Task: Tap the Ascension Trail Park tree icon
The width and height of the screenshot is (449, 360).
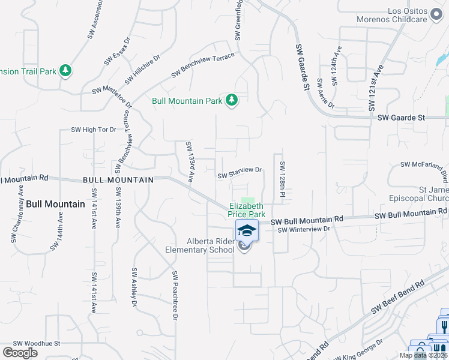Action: pos(65,71)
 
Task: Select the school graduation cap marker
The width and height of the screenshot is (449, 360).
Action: pos(247,230)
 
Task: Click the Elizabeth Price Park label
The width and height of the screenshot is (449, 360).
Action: pos(247,209)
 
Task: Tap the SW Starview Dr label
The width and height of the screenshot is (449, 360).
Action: pos(240,173)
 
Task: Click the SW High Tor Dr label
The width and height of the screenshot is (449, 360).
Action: pos(93,130)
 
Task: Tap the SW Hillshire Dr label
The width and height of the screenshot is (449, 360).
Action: pos(142,70)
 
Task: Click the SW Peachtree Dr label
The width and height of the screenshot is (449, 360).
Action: pos(175,295)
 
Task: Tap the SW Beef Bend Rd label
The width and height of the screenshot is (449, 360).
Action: pos(397,298)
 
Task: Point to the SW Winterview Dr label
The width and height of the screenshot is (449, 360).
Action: pos(304,229)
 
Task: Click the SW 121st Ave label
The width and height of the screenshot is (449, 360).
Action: pos(376,88)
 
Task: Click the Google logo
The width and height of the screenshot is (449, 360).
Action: pos(20,353)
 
